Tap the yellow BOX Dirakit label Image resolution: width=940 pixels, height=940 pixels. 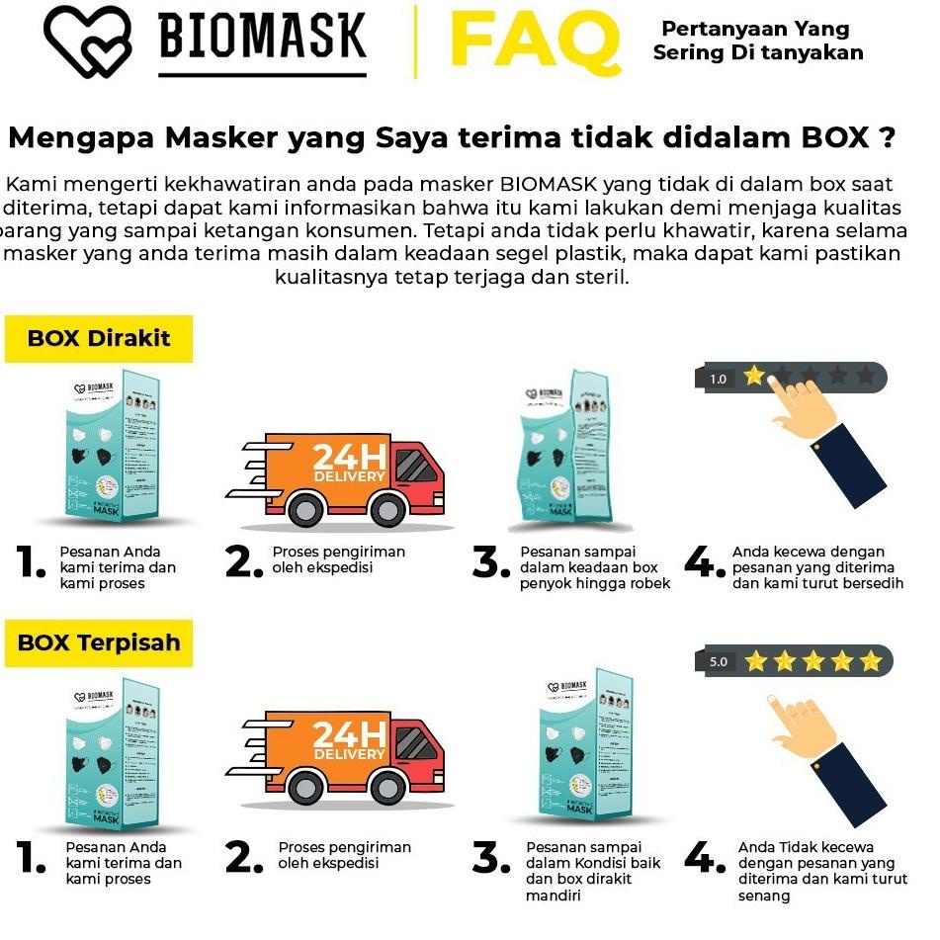99,338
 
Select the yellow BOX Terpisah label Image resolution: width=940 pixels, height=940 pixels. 99,642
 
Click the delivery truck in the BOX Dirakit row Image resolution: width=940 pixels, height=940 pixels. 336,473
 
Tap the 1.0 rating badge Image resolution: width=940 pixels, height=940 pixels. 719,379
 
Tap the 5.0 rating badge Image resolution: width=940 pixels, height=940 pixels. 720,661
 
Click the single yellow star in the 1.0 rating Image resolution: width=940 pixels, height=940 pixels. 754,376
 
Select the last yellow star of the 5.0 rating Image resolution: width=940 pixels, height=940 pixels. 870,660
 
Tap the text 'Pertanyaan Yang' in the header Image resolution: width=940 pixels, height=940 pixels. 755,29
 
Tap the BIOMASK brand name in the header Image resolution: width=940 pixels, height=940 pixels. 262,38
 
